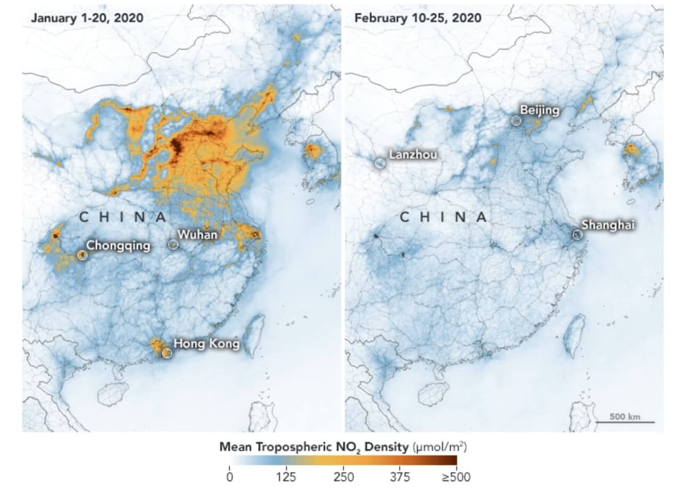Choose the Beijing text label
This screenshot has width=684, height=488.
pos(540,110)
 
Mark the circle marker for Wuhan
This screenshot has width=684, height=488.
pos(173,245)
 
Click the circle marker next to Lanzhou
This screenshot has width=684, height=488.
pos(380,163)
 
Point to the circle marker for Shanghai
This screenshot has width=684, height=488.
pos(577,235)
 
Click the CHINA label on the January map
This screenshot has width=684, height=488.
pos(123,216)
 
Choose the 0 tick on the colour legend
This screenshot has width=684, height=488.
pos(229,476)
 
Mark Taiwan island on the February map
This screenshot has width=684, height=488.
pos(576,335)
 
